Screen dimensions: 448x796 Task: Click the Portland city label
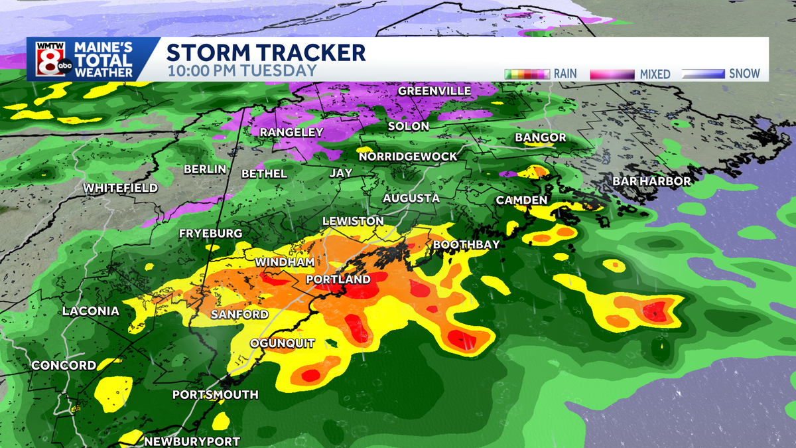point(338,279)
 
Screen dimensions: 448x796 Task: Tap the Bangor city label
point(540,137)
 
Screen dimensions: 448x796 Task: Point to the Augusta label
point(411,198)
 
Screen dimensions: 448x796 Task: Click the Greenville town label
point(434,90)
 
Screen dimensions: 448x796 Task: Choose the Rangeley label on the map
point(291,132)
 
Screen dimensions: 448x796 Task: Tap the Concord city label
point(64,366)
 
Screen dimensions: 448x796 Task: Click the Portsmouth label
point(215,394)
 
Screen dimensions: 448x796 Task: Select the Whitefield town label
point(121,188)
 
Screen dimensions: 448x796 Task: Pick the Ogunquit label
point(282,342)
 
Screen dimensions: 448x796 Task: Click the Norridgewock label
point(408,156)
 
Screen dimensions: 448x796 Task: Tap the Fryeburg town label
point(210,234)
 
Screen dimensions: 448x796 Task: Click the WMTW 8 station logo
point(48,60)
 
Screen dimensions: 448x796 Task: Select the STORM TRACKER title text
point(265,52)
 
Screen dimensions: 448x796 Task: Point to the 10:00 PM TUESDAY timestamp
point(241,70)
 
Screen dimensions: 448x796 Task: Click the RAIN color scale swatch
point(527,74)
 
